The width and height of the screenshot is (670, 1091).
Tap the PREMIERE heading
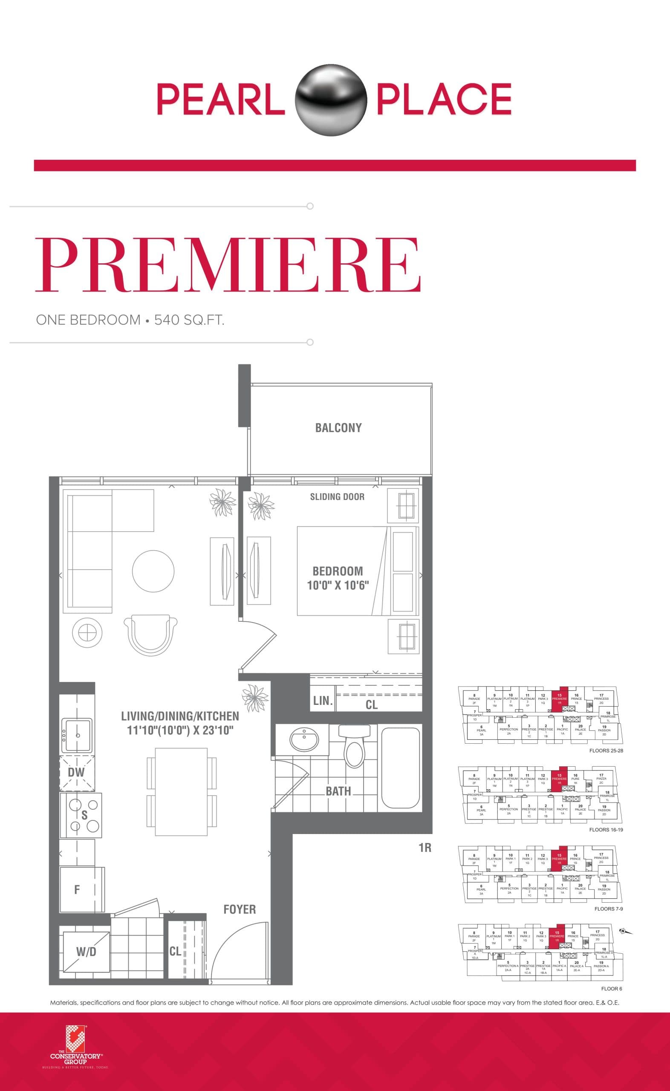[x=227, y=265]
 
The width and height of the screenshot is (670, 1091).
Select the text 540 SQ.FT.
[x=189, y=320]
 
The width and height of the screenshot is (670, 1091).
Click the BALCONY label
[x=338, y=427]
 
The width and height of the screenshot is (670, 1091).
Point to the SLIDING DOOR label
[x=337, y=496]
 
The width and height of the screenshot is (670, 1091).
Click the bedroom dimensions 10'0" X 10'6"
[x=338, y=585]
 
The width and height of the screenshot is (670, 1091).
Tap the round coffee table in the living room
[x=153, y=571]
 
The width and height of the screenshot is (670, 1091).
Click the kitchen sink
[x=78, y=736]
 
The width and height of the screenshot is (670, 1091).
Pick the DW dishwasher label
[x=76, y=773]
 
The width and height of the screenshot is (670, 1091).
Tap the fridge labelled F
[x=77, y=889]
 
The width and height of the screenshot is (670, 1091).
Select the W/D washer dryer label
[x=86, y=952]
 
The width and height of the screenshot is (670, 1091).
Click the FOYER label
[x=240, y=909]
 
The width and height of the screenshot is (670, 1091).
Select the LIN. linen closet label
[x=323, y=701]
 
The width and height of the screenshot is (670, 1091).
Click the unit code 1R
[x=425, y=848]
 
